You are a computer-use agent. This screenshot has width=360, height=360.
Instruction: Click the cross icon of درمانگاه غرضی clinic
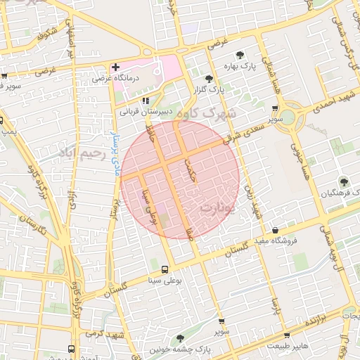tap(115, 67)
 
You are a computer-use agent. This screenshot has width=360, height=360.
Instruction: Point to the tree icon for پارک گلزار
tap(208, 79)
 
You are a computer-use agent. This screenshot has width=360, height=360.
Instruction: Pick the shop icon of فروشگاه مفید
tap(275, 230)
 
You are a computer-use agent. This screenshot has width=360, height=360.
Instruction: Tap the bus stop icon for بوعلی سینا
tap(165, 269)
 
